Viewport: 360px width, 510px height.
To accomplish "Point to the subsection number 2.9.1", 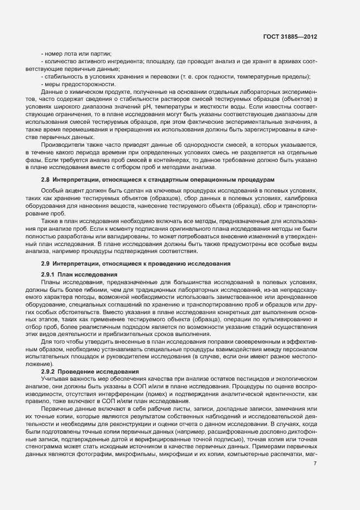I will [x=48, y=273].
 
